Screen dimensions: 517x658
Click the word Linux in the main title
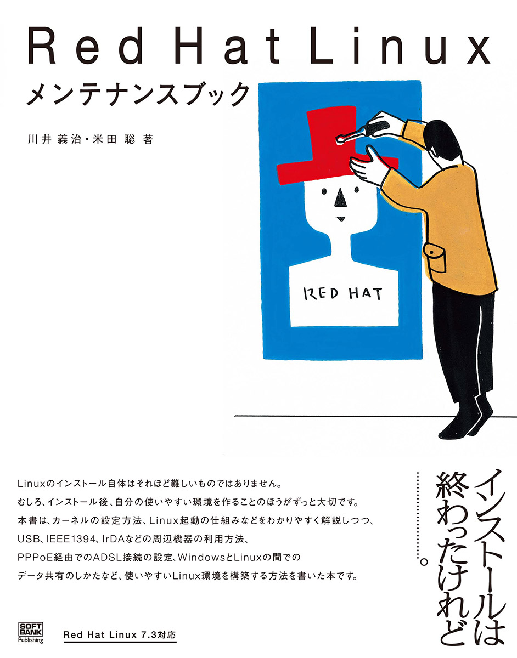(x=400, y=46)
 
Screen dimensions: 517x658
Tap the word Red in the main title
(x=86, y=46)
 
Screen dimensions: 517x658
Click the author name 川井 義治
(x=54, y=139)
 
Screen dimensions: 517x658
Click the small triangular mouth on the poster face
(x=341, y=219)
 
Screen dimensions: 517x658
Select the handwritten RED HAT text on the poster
(x=343, y=293)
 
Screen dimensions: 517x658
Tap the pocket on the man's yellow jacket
(x=434, y=258)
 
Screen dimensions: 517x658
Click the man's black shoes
(x=467, y=422)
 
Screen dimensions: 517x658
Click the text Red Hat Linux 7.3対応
(x=120, y=632)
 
